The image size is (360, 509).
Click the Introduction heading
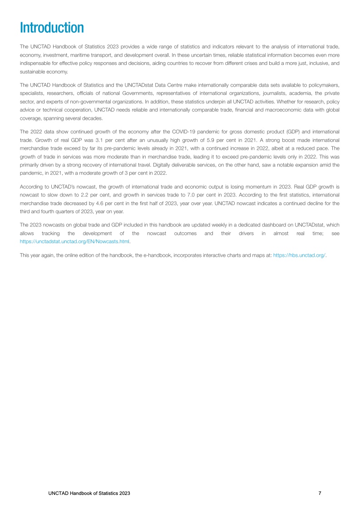[52, 28]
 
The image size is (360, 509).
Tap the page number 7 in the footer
[320, 493]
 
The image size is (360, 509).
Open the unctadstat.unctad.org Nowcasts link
[75, 241]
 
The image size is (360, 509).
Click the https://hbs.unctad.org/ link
[300, 256]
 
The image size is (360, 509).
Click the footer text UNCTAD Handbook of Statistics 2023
[89, 493]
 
